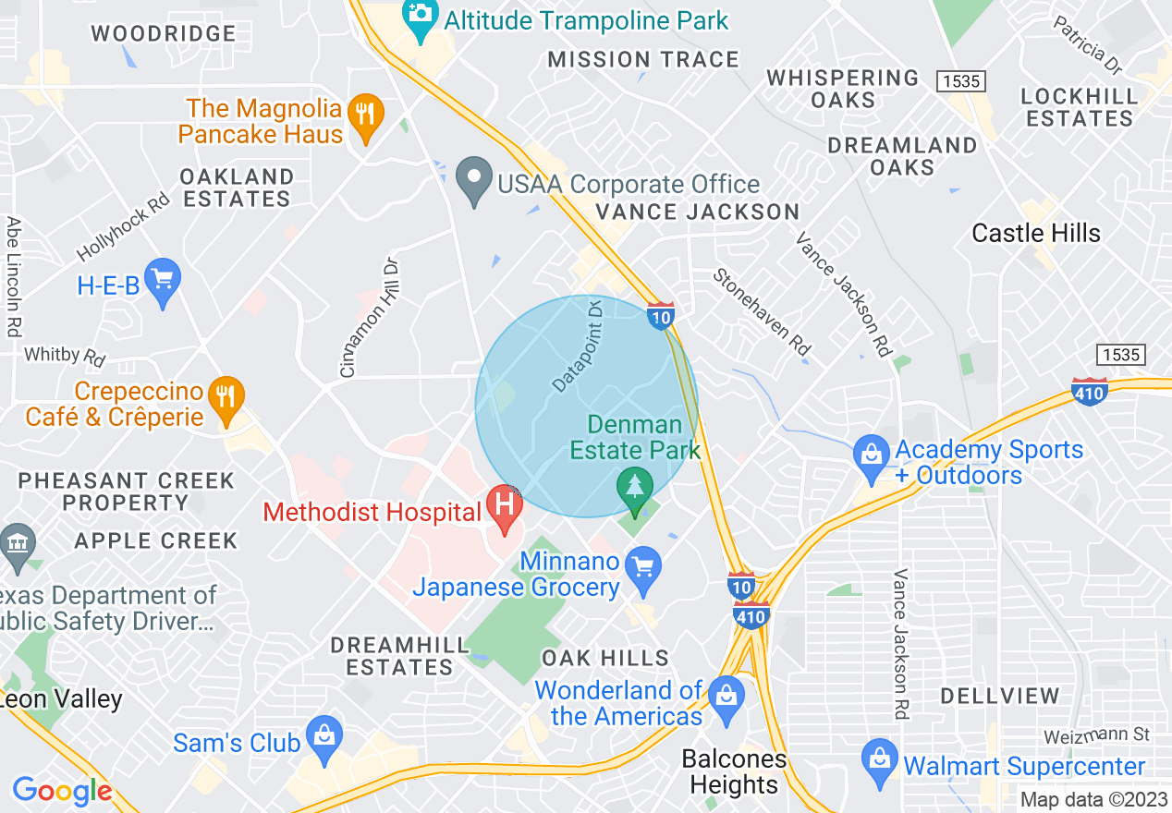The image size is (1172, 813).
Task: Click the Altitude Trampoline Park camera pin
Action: pos(421,17)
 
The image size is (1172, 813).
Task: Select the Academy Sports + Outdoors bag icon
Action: pos(871,456)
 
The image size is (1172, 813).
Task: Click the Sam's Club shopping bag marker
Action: pos(324,736)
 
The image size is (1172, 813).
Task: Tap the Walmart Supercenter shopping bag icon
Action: pos(879,760)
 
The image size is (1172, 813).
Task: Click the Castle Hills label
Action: pos(1036,233)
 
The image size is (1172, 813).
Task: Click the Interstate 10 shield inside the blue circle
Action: pos(659,316)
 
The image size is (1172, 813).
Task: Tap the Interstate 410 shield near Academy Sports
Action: pos(1090,391)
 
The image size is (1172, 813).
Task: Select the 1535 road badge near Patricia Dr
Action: pos(960,81)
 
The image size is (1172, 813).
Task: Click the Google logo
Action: pos(61,791)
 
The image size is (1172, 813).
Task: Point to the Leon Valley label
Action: pos(63,699)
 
